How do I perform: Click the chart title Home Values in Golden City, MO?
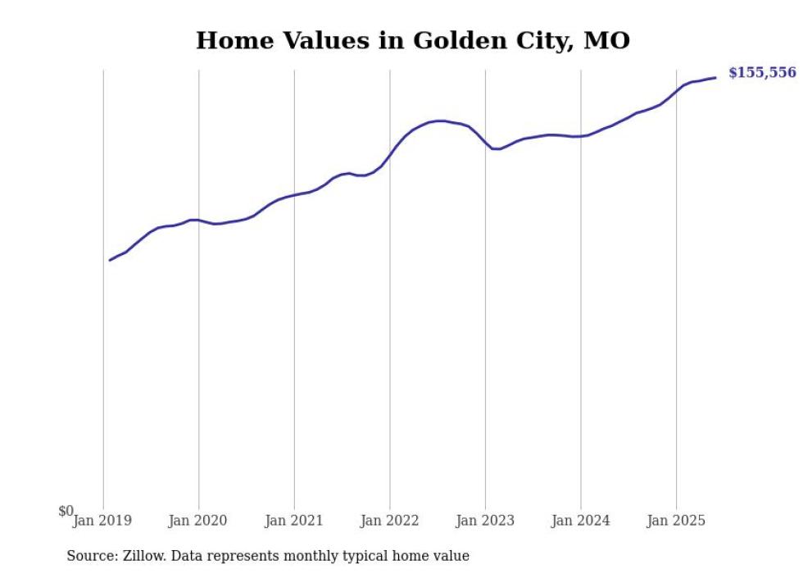click(413, 40)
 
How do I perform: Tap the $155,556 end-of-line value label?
click(761, 73)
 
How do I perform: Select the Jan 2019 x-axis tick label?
click(102, 521)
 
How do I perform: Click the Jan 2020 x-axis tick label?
click(197, 521)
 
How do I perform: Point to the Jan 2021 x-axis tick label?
click(293, 521)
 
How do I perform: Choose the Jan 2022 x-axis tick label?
click(389, 521)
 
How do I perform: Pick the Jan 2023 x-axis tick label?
click(485, 521)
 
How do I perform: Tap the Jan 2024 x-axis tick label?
click(580, 521)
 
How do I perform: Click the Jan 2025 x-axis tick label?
click(676, 521)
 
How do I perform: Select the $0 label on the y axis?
click(66, 512)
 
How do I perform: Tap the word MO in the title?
click(606, 40)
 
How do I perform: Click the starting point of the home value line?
click(110, 260)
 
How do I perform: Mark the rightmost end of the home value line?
click(715, 78)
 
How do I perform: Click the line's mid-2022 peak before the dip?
click(441, 121)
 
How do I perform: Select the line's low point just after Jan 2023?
click(496, 148)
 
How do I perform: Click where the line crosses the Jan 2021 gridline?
click(294, 195)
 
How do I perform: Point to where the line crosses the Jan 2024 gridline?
click(581, 136)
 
